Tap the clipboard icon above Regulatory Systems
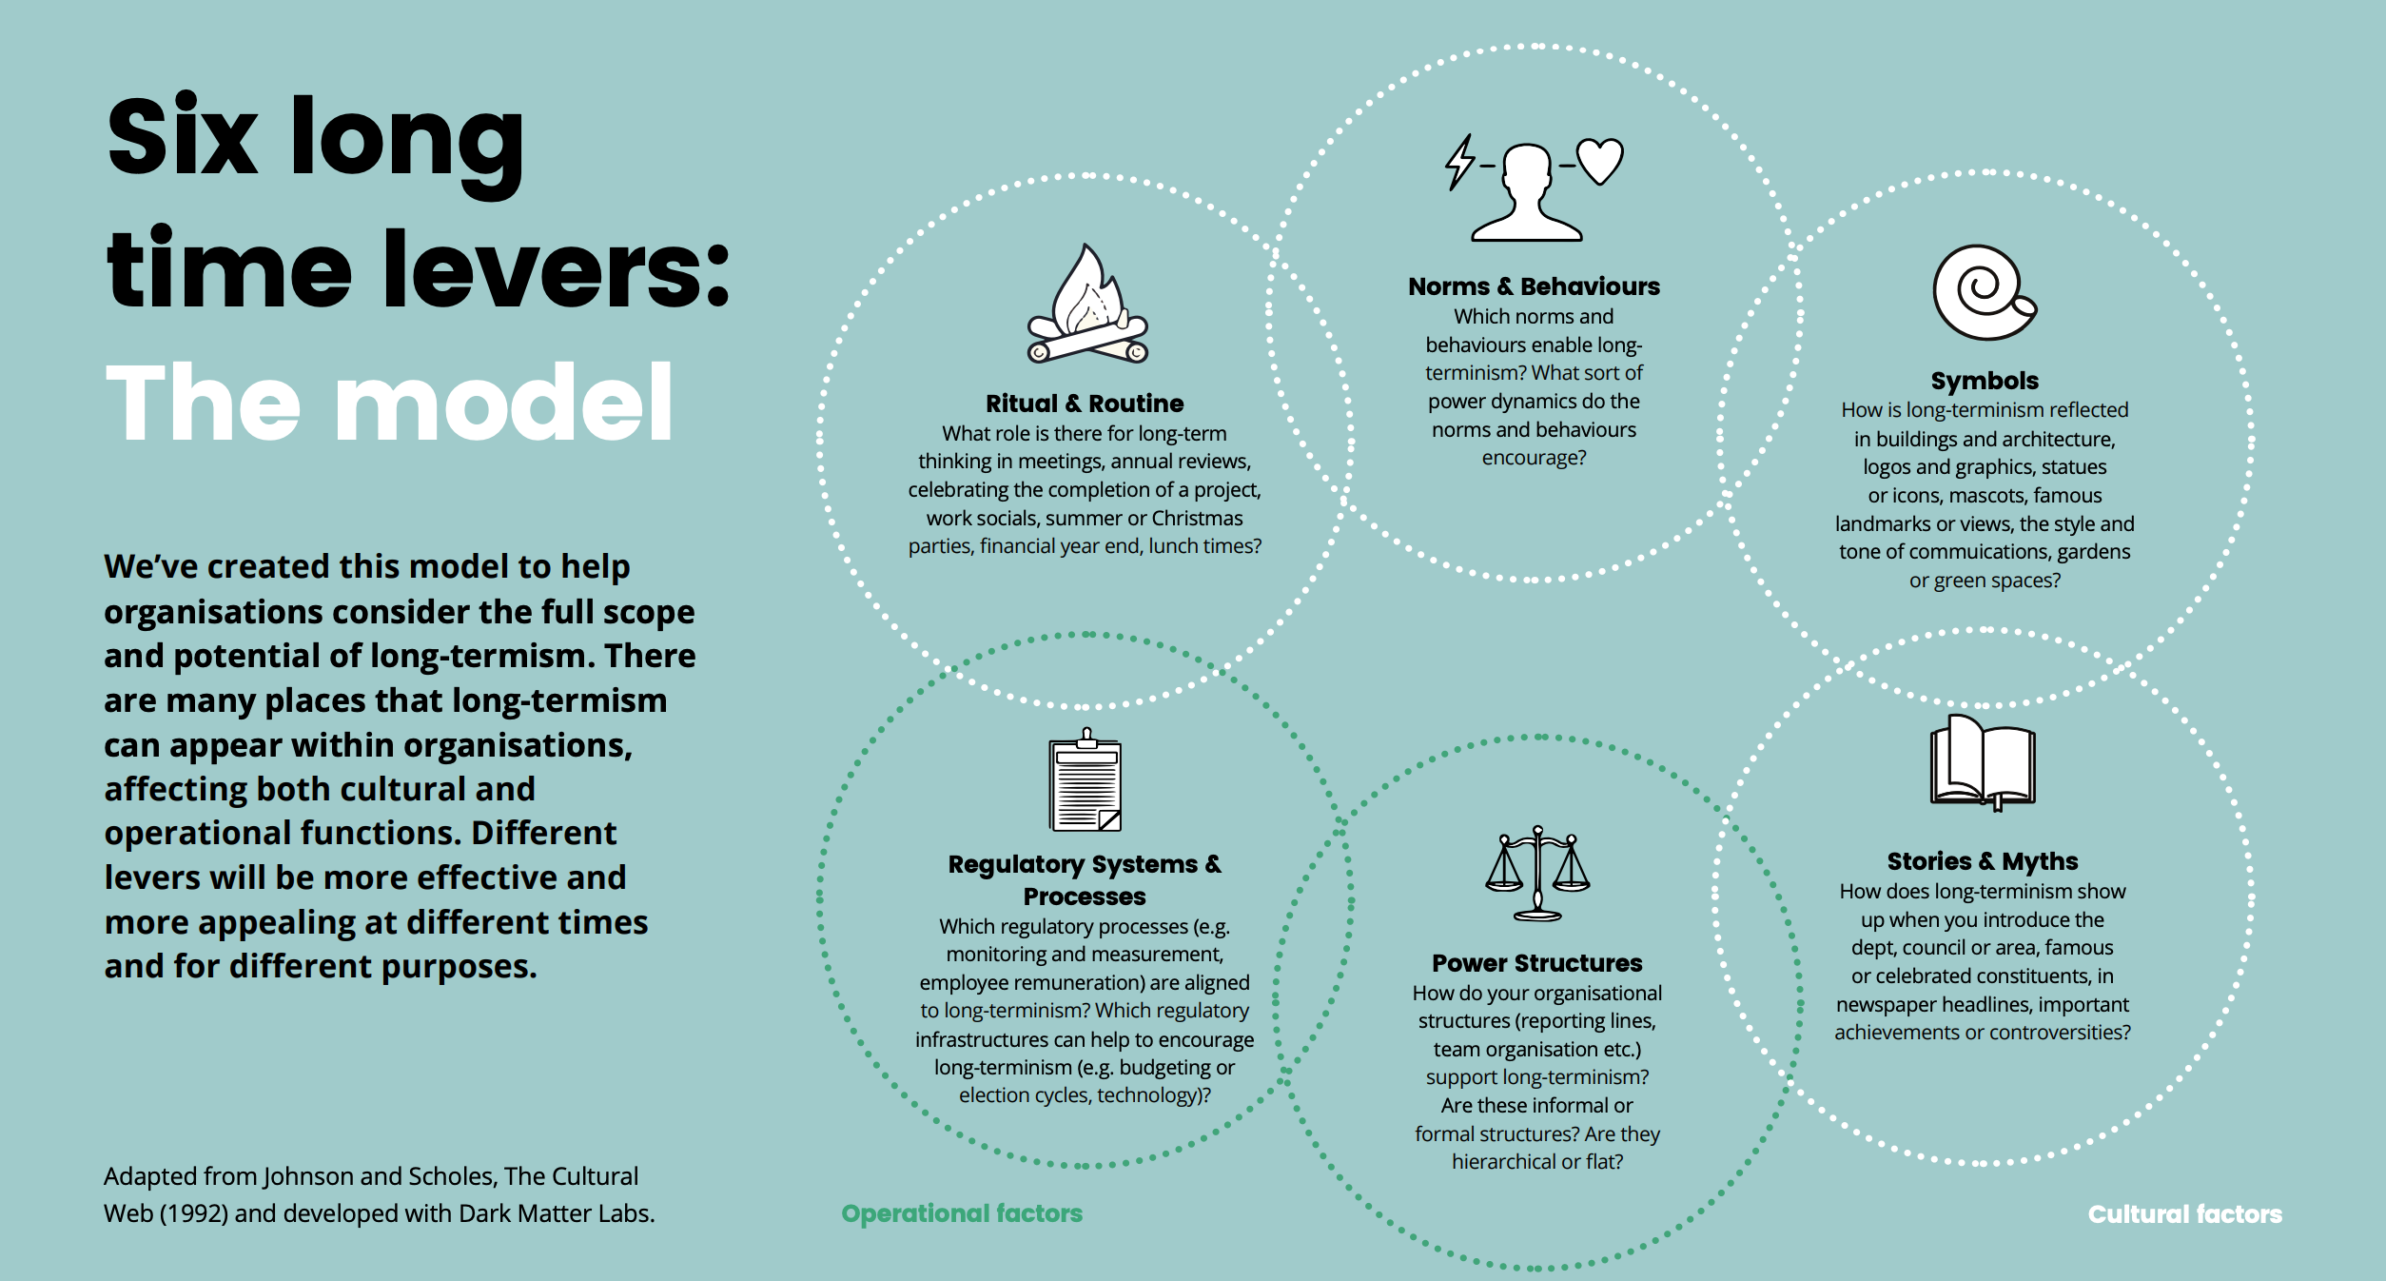1085,781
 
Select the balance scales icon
1537,873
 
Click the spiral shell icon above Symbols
1983,293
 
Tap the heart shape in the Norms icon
1600,160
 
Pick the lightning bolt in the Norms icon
1459,162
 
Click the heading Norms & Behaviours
1534,286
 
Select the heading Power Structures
1536,963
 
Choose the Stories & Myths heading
1983,861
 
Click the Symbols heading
1985,381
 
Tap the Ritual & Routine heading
1085,404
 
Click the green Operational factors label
962,1213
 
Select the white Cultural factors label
2184,1214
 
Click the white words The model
390,404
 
